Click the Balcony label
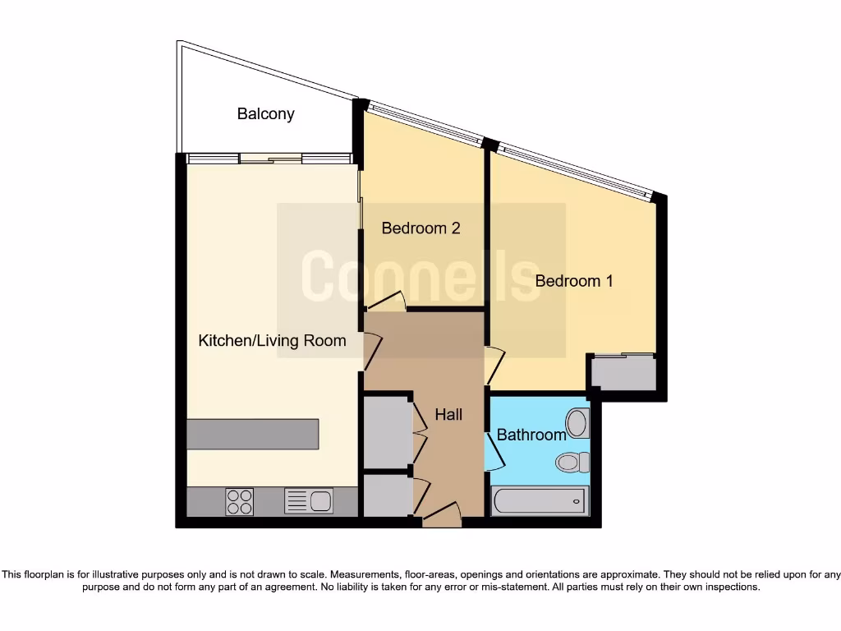coord(265,114)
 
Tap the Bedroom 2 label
coord(420,228)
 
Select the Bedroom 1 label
coord(574,281)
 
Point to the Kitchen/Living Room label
coord(272,340)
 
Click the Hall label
coord(448,415)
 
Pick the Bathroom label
coord(531,435)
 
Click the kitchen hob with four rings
coord(240,501)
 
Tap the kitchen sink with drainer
coord(309,500)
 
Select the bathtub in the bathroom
coord(540,500)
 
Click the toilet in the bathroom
coord(572,462)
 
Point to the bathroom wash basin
coord(577,424)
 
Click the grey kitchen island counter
coord(252,434)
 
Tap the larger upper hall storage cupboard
coord(387,431)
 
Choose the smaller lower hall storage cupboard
coord(387,495)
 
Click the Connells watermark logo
coord(420,278)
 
